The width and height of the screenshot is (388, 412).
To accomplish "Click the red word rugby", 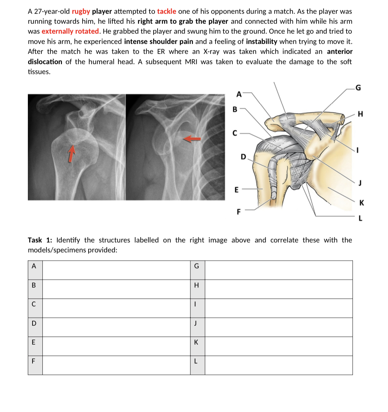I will point(81,12).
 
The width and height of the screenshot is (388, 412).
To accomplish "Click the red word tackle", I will point(166,12).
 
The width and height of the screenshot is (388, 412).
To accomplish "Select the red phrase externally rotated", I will point(70,31).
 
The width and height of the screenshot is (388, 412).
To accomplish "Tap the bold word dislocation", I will point(45,62).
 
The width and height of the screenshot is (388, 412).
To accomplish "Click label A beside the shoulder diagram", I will point(239,94).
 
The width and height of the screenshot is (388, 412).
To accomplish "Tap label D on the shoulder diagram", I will point(243,156).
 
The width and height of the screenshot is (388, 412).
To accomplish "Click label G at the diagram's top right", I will point(358,88).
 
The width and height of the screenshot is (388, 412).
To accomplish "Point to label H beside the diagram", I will point(361,114).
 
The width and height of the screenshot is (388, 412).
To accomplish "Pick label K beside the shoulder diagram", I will point(361,203).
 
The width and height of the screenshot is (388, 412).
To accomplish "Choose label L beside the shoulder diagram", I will point(360,218).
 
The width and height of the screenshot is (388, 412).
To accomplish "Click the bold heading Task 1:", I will point(40,240).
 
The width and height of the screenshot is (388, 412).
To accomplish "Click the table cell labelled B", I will point(34,285).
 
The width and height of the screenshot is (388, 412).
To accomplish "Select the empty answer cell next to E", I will point(116,342).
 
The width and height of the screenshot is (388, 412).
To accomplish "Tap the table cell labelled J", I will point(196,323).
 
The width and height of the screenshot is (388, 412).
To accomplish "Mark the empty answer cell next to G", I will point(279,266).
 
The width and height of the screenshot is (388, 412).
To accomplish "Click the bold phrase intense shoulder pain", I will point(159,42).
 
